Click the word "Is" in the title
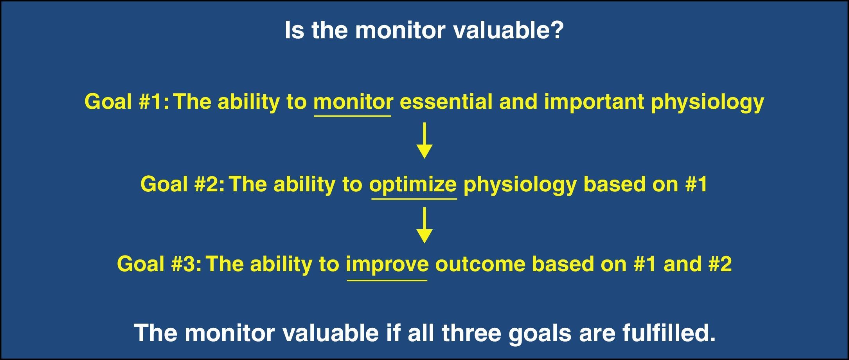(294, 30)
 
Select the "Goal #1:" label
(127, 102)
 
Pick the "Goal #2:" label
(183, 184)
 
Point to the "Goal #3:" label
(160, 264)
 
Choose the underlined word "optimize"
(413, 185)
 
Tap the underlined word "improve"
(387, 265)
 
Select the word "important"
(594, 103)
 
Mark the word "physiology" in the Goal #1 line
(707, 103)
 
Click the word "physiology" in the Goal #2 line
(520, 185)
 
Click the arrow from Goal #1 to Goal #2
(424, 140)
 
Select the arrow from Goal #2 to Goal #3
(424, 225)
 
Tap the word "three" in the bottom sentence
(471, 333)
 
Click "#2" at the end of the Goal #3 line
(719, 264)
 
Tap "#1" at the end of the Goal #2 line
(696, 184)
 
